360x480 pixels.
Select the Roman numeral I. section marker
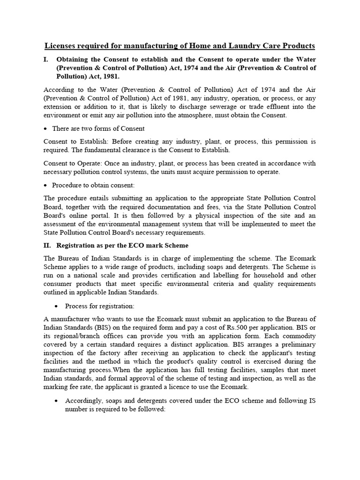point(46,60)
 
